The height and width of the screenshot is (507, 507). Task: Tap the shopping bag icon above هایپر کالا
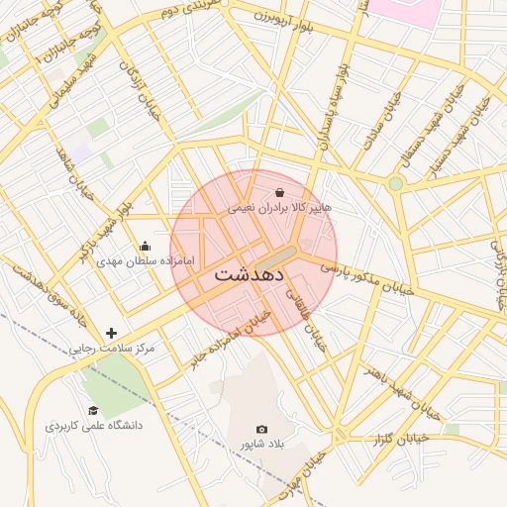[279, 192]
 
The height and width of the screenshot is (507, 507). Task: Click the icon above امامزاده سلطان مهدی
[147, 246]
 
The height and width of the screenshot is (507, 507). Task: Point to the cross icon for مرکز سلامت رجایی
[111, 334]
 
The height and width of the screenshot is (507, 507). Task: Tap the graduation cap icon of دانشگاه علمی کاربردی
[93, 410]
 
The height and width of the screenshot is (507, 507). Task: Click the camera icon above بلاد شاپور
[261, 429]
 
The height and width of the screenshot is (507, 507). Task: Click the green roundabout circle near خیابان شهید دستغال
[396, 183]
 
